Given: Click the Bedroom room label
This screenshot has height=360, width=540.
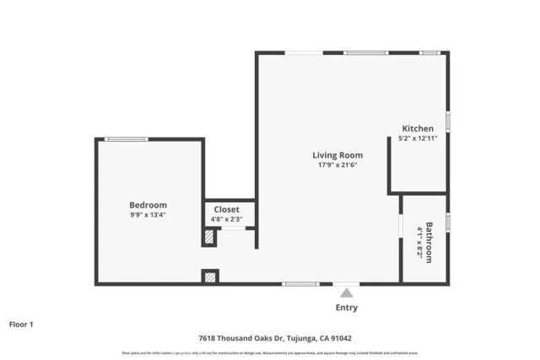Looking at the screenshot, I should click(x=148, y=205).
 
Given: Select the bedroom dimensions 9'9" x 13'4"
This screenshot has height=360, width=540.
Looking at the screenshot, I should click(x=148, y=216).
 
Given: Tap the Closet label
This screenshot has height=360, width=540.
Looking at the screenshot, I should click(x=226, y=209).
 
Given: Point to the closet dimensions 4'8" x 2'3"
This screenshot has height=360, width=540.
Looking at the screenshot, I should click(x=226, y=219).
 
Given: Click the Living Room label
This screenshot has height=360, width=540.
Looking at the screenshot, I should click(x=337, y=155).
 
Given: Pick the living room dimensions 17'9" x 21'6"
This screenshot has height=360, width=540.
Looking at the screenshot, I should click(x=337, y=165).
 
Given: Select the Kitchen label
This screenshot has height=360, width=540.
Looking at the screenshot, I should click(x=418, y=128).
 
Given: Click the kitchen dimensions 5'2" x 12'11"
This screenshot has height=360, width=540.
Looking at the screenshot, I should click(x=418, y=138).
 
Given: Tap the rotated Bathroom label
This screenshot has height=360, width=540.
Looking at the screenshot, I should click(x=429, y=242).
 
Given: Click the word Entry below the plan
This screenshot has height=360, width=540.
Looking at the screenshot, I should click(x=346, y=308).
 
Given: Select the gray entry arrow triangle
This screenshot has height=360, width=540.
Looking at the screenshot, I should click(x=346, y=293).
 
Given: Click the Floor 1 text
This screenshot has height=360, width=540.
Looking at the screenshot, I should click(x=21, y=323).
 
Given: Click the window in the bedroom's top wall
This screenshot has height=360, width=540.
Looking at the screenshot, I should click(x=127, y=139).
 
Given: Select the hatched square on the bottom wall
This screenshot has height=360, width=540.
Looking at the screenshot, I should click(x=210, y=276).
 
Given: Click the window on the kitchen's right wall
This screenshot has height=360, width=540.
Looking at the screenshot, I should click(x=448, y=121).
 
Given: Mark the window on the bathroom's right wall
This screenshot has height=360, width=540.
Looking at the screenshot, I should click(x=448, y=223).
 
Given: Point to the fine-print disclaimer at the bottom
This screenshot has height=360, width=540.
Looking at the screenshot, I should click(x=269, y=352).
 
